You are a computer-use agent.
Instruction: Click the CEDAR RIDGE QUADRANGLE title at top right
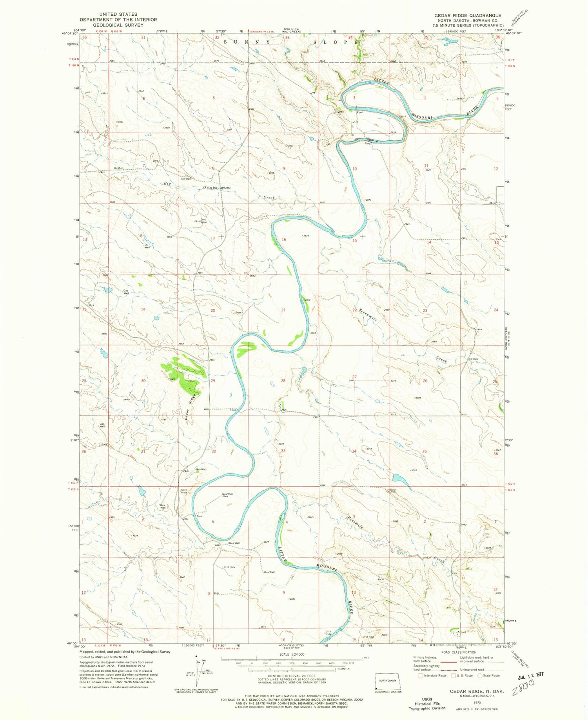[467, 15]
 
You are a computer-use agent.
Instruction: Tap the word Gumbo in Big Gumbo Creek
[210, 187]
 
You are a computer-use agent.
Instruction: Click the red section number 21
[283, 310]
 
